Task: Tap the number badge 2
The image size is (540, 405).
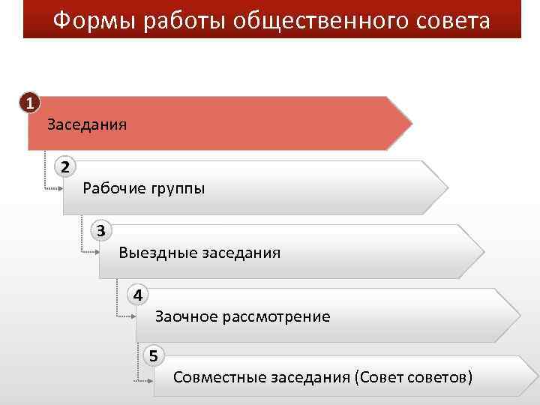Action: pos(65,166)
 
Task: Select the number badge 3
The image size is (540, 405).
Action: pos(101,229)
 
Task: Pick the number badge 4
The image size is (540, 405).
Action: pos(137,294)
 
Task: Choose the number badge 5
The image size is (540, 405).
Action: pos(154,355)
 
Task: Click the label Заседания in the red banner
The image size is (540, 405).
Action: pos(87,124)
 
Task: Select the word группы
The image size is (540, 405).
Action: pos(178,188)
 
